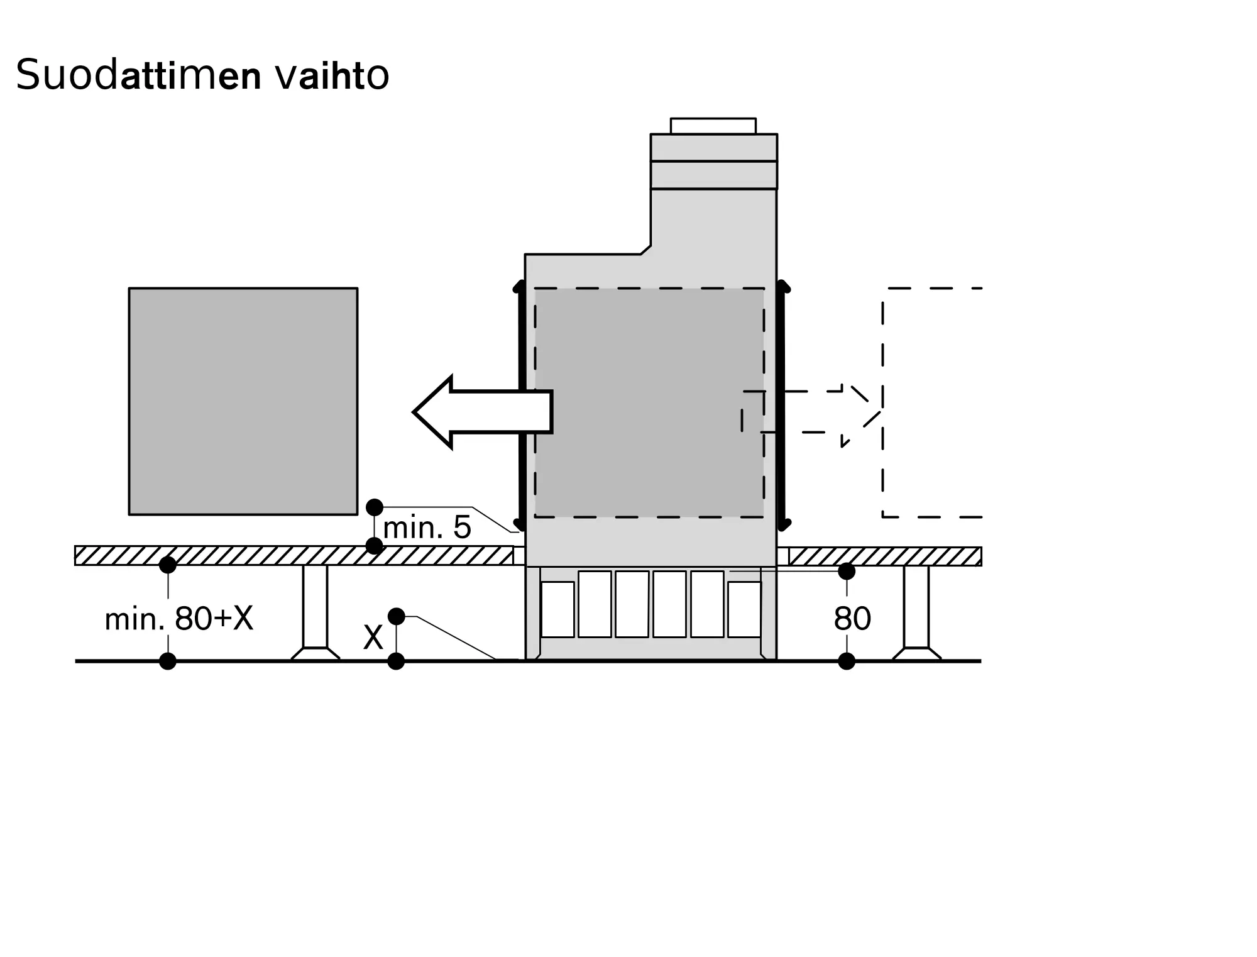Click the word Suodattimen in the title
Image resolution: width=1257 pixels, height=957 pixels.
pyautogui.click(x=138, y=75)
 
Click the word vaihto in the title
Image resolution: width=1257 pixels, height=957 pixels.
pyautogui.click(x=332, y=75)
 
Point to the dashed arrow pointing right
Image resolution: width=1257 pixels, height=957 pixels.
pyautogui.click(x=817, y=412)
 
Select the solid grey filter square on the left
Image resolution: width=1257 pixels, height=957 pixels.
pyautogui.click(x=243, y=401)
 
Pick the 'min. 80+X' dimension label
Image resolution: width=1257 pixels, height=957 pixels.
pyautogui.click(x=179, y=619)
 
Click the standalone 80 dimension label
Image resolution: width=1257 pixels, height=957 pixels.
pyautogui.click(x=852, y=619)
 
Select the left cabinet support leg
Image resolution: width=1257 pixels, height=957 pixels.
pyautogui.click(x=315, y=610)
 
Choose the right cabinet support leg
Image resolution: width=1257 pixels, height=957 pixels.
pyautogui.click(x=916, y=610)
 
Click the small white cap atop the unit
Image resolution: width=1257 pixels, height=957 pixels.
pyautogui.click(x=713, y=126)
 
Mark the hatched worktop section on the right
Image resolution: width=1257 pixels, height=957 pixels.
pyautogui.click(x=885, y=556)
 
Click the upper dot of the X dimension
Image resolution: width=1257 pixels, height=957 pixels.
pyautogui.click(x=396, y=616)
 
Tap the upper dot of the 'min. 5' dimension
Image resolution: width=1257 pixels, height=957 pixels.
pyautogui.click(x=375, y=507)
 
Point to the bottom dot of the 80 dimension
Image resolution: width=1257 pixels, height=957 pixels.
pyautogui.click(x=847, y=661)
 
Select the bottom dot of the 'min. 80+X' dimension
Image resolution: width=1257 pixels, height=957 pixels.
pyautogui.click(x=168, y=661)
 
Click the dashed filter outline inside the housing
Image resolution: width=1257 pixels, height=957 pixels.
pyautogui.click(x=649, y=402)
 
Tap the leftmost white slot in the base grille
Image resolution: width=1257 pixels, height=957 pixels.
pyautogui.click(x=557, y=609)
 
